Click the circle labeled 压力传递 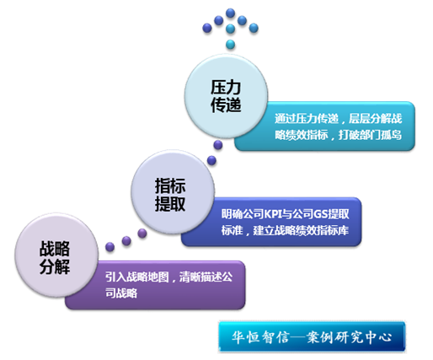pyautogui.click(x=226, y=96)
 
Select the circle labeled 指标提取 pyautogui.click(x=173, y=192)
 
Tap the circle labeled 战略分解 pyautogui.click(x=56, y=255)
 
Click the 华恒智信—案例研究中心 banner pyautogui.click(x=312, y=336)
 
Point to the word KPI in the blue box pyautogui.click(x=272, y=214)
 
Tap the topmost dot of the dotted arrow pyautogui.click(x=230, y=13)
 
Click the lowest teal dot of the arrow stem pyautogui.click(x=230, y=45)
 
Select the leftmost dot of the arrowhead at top pyautogui.click(x=207, y=28)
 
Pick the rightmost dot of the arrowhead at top pyautogui.click(x=254, y=28)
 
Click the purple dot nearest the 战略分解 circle pyautogui.click(x=110, y=247)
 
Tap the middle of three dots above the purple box pyautogui.click(x=126, y=241)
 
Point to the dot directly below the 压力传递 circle pyautogui.click(x=218, y=145)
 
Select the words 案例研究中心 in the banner pyautogui.click(x=349, y=336)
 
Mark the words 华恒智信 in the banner pyautogui.click(x=260, y=336)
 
